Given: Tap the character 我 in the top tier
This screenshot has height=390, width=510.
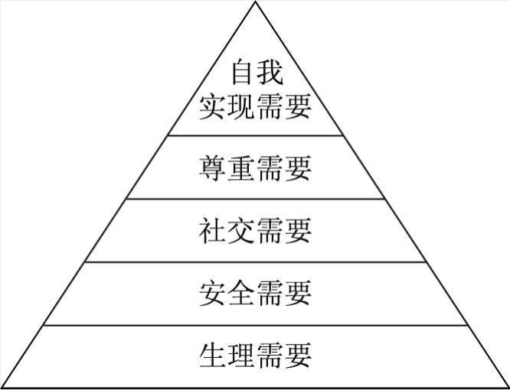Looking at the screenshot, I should click(x=270, y=73).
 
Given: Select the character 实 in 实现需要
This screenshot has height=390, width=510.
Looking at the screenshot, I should click(x=213, y=107).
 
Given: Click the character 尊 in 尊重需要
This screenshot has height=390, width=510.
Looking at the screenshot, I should click(x=213, y=167).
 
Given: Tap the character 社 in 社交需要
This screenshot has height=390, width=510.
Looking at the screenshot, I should click(x=213, y=230).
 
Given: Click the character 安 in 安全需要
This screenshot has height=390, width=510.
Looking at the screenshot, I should click(x=213, y=293).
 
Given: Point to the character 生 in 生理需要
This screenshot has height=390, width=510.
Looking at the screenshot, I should click(x=213, y=356).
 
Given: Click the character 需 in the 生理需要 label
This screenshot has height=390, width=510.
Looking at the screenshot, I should click(x=270, y=356).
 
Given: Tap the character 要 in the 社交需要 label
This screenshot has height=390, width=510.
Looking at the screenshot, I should click(x=298, y=230).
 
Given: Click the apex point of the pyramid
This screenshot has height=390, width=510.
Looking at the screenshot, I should click(x=255, y=2).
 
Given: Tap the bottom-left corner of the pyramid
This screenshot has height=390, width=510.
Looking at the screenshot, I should click(x=2, y=387).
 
